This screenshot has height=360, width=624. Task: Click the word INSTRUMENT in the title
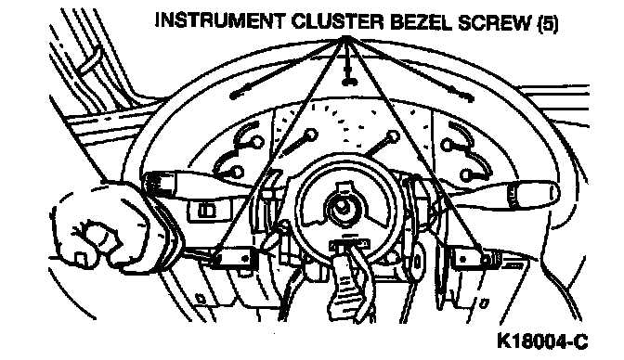pyautogui.click(x=220, y=20)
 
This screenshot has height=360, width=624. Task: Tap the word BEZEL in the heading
pyautogui.click(x=422, y=22)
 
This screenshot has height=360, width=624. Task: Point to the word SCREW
pyautogui.click(x=495, y=23)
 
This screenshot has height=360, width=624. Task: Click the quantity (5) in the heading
pyautogui.click(x=548, y=24)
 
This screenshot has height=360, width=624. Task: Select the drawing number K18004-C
pyautogui.click(x=542, y=341)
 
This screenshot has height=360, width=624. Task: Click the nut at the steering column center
pyautogui.click(x=342, y=207)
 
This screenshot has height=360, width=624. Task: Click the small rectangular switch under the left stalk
pyautogui.click(x=207, y=210)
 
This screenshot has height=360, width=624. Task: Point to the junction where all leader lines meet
pyautogui.click(x=345, y=38)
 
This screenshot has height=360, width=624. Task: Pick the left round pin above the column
pyautogui.click(x=311, y=135)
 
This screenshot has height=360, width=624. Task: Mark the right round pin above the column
pyautogui.click(x=393, y=136)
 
